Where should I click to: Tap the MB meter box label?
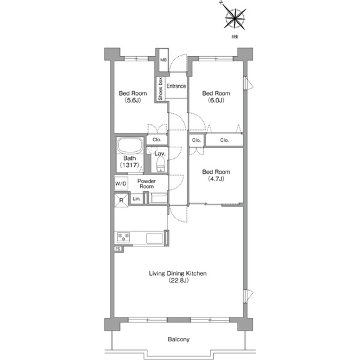(163, 60)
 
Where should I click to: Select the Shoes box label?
(160, 89)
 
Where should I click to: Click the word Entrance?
(176, 86)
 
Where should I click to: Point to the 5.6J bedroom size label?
(132, 100)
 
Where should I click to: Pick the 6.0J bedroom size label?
(216, 100)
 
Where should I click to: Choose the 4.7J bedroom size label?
(216, 179)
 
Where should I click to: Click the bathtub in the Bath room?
(130, 146)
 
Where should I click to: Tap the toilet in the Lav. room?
(161, 164)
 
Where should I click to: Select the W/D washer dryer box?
(121, 184)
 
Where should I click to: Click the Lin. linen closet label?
(137, 199)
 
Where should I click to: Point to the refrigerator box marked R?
(121, 200)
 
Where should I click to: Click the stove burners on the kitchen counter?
(124, 237)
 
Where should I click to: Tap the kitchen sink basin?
(155, 238)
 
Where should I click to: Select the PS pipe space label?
(118, 249)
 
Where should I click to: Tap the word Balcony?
(179, 339)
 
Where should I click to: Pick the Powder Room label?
(146, 184)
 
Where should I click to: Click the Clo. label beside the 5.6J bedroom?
(157, 139)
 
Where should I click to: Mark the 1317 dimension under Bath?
(129, 165)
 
